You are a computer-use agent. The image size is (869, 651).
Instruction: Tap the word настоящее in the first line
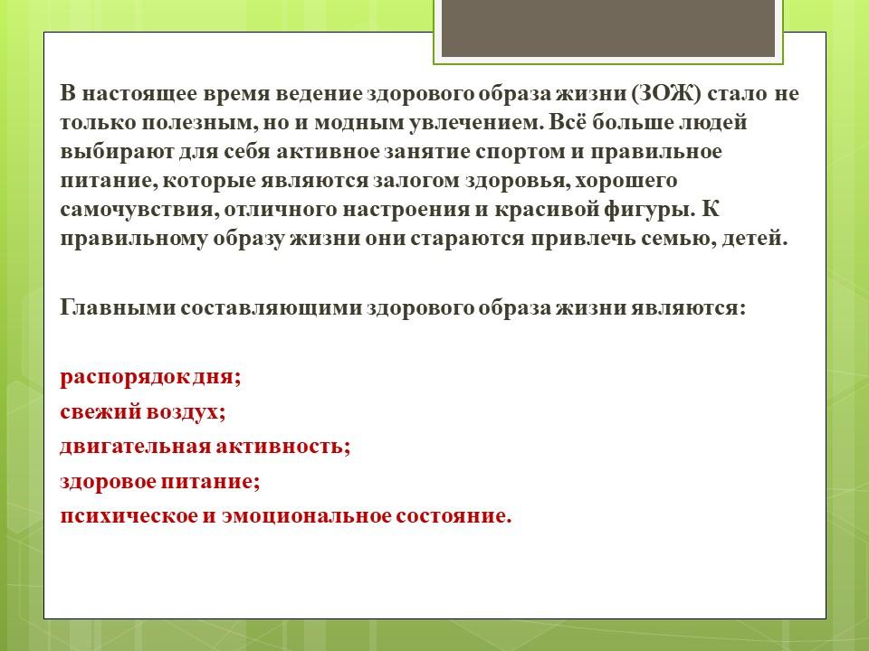coord(139,94)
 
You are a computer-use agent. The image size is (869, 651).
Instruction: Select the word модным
coord(359,123)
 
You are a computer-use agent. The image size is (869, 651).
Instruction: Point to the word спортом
coord(520,152)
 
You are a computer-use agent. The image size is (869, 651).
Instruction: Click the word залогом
coord(416,181)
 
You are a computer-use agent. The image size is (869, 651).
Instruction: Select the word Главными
coord(118,307)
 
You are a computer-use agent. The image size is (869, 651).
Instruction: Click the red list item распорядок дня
coord(151,378)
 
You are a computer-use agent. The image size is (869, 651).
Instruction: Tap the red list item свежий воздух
coord(143,412)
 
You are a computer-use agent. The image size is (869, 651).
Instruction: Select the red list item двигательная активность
coord(205,447)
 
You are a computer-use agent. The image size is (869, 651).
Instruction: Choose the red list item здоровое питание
coord(160,482)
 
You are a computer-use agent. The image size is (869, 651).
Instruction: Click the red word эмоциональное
coord(307,516)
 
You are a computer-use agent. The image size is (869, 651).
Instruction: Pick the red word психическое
coord(129,516)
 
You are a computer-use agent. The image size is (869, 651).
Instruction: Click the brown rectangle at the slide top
coord(608,28)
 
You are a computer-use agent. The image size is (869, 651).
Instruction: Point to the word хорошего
coord(628,181)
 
